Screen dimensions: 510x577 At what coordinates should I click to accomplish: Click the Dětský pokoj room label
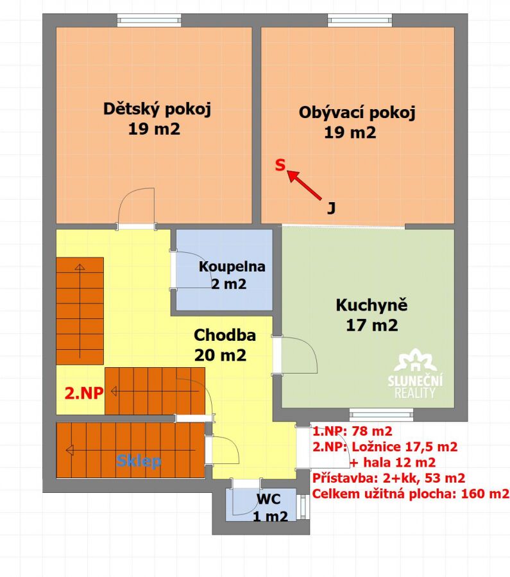pyautogui.click(x=157, y=109)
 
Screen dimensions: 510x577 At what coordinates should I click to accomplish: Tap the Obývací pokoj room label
pyautogui.click(x=357, y=112)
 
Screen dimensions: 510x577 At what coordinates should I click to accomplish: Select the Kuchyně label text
pyautogui.click(x=371, y=306)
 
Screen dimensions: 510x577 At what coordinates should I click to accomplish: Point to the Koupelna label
pyautogui.click(x=232, y=266)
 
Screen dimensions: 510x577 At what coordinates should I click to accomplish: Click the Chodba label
pyautogui.click(x=225, y=335)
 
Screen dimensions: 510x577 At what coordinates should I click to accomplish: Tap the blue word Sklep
pyautogui.click(x=139, y=461)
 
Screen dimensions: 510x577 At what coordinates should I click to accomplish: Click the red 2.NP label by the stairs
pyautogui.click(x=84, y=393)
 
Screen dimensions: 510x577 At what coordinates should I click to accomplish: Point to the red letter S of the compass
pyautogui.click(x=280, y=165)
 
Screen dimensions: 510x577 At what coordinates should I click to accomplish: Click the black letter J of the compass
pyautogui.click(x=331, y=209)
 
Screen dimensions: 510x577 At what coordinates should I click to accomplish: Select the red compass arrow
pyautogui.click(x=303, y=185)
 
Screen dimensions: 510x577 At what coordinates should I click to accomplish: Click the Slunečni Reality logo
pyautogui.click(x=415, y=374)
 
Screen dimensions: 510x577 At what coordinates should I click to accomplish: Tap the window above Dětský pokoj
pyautogui.click(x=149, y=21)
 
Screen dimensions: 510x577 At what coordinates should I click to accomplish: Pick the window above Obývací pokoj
pyautogui.click(x=360, y=21)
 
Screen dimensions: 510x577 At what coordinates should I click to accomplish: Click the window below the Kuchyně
pyautogui.click(x=381, y=415)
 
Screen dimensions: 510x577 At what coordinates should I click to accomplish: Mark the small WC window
pyautogui.click(x=303, y=506)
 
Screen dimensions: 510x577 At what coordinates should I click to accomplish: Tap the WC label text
pyautogui.click(x=268, y=499)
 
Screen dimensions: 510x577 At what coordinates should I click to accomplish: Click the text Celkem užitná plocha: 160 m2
pyautogui.click(x=411, y=494)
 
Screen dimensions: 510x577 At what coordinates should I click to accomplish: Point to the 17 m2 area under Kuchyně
pyautogui.click(x=371, y=325)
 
